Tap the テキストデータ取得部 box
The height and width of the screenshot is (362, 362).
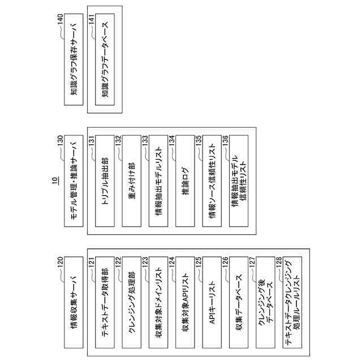[104, 306]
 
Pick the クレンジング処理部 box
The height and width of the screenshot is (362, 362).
[131, 306]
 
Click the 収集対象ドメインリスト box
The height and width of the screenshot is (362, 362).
[158, 306]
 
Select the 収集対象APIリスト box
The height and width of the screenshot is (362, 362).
[185, 306]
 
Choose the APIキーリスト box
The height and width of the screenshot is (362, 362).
[212, 306]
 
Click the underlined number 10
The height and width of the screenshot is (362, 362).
[55, 181]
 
